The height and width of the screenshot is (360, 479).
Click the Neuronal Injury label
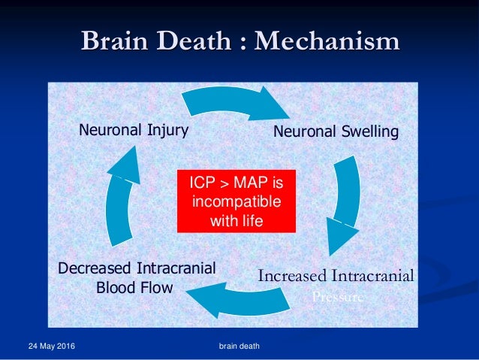click(x=133, y=130)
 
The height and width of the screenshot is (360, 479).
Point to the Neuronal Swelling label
click(x=336, y=132)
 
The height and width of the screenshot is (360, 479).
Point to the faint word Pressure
click(x=338, y=296)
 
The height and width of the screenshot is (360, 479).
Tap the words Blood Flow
click(x=134, y=287)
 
